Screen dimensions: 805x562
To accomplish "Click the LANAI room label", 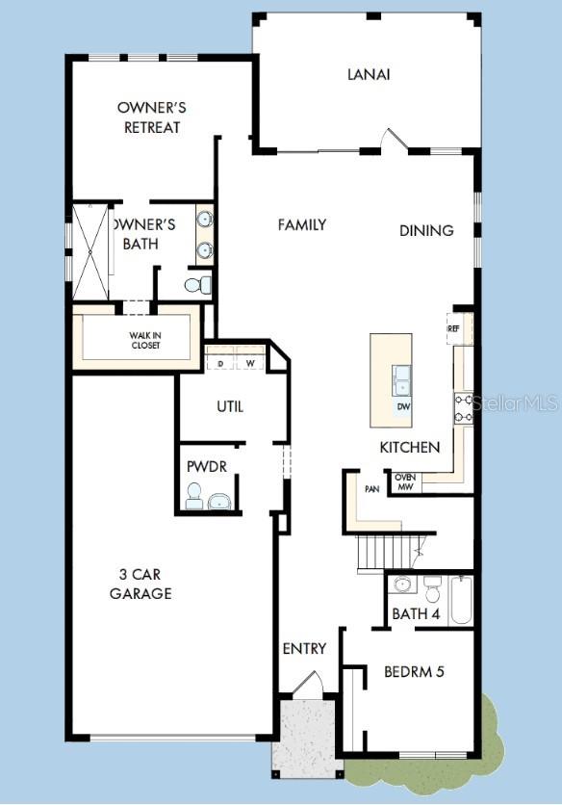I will (x=369, y=74).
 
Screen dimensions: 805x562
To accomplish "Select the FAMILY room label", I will (x=301, y=224).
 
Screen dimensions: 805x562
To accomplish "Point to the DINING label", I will (x=426, y=230).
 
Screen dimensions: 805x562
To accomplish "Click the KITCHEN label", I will (x=409, y=447).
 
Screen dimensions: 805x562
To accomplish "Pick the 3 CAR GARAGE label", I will (x=140, y=584).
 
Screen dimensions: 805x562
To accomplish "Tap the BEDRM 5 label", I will (x=414, y=671).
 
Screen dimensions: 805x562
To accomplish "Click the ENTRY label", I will (x=304, y=648).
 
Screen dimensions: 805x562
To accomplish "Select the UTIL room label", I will (x=228, y=406).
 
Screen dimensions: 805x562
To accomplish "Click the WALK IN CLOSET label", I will (x=146, y=340).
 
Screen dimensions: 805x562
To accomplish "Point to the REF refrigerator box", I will (x=454, y=328).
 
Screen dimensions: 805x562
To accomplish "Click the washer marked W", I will (x=250, y=363).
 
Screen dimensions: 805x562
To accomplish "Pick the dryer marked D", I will (x=220, y=363).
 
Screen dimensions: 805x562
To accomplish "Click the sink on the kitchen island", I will (x=401, y=379).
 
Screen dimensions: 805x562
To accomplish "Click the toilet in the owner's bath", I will (x=196, y=285).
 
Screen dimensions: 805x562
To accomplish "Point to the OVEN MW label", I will (x=404, y=480).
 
